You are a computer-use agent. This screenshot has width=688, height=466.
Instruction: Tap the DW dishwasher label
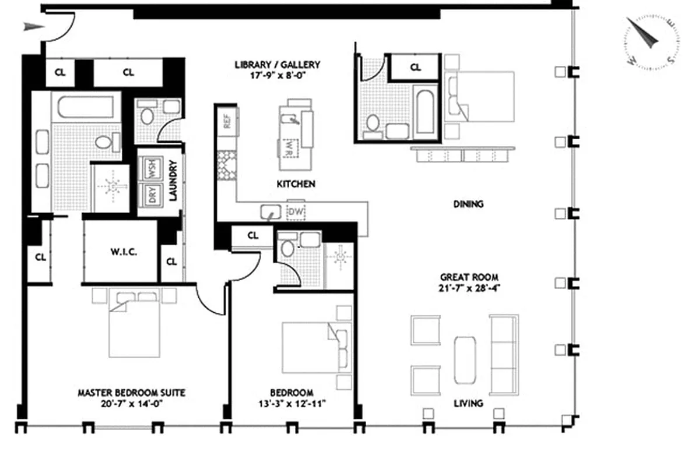click(296, 213)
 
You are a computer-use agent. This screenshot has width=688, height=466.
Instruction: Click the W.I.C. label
click(124, 252)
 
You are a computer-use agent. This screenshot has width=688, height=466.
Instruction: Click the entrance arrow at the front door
click(33, 26)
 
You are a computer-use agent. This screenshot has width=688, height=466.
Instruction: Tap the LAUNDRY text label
click(173, 182)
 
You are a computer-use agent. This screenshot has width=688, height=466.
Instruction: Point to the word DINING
click(468, 204)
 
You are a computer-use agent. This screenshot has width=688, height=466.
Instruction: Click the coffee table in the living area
click(465, 359)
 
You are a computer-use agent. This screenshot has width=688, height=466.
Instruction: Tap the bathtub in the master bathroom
click(86, 107)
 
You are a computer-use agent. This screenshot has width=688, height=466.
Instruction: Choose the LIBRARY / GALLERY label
click(277, 65)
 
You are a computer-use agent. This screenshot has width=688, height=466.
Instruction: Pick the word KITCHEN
click(296, 184)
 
